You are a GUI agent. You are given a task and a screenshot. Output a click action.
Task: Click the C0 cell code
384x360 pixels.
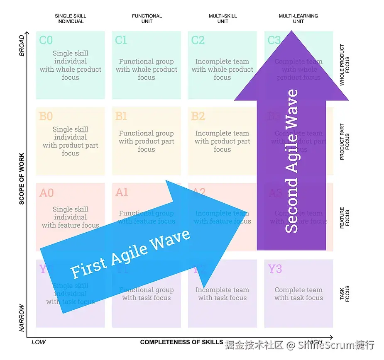(46, 40)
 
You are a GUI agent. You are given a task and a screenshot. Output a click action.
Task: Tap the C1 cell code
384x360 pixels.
(121, 40)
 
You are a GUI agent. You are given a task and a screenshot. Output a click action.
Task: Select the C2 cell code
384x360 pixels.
(198, 40)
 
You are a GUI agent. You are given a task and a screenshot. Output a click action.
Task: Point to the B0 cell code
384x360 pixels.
(46, 116)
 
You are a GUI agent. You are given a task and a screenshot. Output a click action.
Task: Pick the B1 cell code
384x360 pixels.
(121, 116)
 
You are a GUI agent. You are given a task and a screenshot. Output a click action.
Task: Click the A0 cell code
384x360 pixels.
(46, 193)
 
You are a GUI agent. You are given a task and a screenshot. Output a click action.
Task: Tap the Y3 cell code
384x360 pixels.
(275, 269)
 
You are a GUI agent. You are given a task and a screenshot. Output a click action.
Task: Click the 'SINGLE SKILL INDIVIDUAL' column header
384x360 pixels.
(70, 19)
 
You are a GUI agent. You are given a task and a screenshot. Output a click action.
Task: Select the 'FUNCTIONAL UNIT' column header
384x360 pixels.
(147, 19)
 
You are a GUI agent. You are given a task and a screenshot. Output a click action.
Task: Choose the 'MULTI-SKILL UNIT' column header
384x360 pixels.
(223, 19)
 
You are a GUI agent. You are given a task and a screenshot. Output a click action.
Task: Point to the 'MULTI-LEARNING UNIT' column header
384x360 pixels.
(298, 19)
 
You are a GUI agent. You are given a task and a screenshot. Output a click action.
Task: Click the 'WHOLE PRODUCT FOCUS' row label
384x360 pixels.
(345, 66)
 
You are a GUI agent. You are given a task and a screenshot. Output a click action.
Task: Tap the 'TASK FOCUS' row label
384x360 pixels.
(345, 293)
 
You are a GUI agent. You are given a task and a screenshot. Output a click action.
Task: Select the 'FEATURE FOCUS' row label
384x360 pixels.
(345, 217)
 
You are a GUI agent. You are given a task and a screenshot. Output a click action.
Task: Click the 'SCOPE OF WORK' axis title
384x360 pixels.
(22, 179)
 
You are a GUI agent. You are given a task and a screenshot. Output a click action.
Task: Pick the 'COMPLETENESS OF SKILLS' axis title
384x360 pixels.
(181, 342)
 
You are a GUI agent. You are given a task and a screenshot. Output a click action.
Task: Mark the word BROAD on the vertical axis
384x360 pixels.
(22, 46)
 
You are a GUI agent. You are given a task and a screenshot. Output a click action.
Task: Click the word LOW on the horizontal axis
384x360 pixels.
(39, 342)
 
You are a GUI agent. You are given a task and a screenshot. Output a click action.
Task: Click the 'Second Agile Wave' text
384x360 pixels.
(292, 161)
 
